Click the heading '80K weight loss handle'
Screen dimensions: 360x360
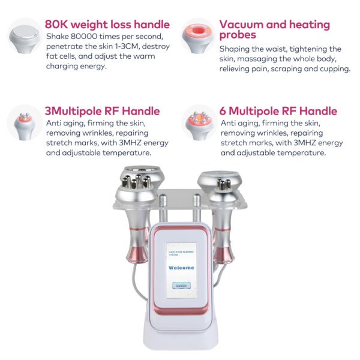(x=107, y=25)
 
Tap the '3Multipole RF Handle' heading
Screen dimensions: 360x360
(x=102, y=111)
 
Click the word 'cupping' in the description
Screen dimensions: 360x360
(x=334, y=68)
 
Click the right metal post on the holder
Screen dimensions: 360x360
(x=196, y=208)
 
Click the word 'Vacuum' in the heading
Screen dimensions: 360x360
(x=242, y=25)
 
